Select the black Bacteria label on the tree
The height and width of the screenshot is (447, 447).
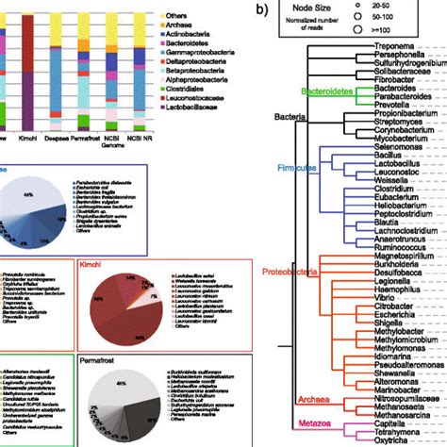tap(290, 116)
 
